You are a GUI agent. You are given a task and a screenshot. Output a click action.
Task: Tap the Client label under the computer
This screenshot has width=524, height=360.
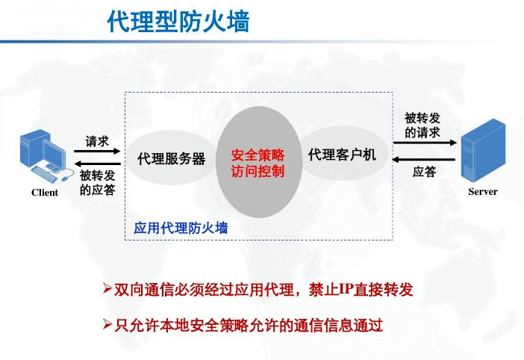pos(45,192)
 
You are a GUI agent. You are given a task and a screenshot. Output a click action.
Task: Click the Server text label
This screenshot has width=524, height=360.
pos(483,192)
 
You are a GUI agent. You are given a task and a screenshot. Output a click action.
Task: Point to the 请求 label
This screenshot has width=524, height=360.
pos(97,140)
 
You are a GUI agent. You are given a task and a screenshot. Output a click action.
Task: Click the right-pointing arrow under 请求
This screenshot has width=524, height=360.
pos(96,152)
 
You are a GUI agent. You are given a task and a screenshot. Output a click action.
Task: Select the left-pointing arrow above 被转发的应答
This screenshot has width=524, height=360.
pos(96,164)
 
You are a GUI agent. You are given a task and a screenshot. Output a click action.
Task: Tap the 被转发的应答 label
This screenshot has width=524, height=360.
pos(97,182)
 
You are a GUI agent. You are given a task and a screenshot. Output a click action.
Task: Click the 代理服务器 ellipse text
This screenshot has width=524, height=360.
pos(172,159)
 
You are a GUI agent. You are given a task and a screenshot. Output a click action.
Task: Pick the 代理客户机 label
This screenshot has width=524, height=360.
pos(342,155)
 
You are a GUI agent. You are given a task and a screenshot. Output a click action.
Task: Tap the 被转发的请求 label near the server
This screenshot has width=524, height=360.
pos(422,125)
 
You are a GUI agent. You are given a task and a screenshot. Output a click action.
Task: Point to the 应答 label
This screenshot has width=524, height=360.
pos(424,173)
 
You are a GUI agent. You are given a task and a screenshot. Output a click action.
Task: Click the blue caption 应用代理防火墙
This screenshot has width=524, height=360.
pos(181,227)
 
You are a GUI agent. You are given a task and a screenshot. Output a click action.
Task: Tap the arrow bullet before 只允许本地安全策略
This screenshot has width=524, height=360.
pos(107,325)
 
